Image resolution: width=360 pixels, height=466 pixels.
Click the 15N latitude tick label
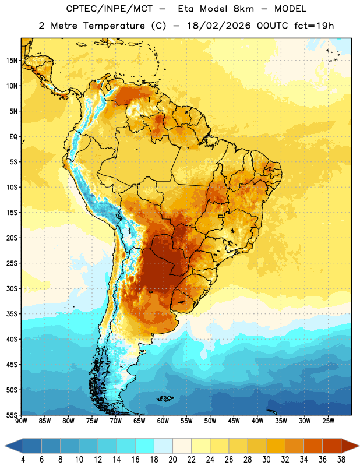click(12, 61)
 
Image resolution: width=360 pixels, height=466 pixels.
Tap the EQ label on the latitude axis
click(13, 137)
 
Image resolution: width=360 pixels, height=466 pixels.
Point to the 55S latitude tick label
click(12, 415)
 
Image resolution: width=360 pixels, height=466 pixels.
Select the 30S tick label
click(12, 288)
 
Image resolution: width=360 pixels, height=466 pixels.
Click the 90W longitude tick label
click(21, 421)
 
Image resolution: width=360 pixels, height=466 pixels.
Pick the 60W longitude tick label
click(163, 421)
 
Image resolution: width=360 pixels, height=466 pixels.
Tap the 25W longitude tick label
click(328, 421)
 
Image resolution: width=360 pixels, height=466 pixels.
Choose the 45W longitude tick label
click(234, 421)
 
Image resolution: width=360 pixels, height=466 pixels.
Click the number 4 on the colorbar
click(23, 460)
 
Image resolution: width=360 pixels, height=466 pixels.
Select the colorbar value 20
click(172, 460)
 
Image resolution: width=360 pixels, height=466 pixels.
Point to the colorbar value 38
click(341, 460)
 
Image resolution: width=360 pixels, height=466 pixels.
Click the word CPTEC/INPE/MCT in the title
click(110, 9)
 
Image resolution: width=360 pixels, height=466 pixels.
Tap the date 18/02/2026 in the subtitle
click(219, 26)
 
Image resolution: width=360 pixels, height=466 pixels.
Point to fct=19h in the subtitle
click(314, 26)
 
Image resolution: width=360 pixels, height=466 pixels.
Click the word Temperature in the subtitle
click(114, 26)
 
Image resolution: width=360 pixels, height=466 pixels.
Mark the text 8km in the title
click(243, 9)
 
